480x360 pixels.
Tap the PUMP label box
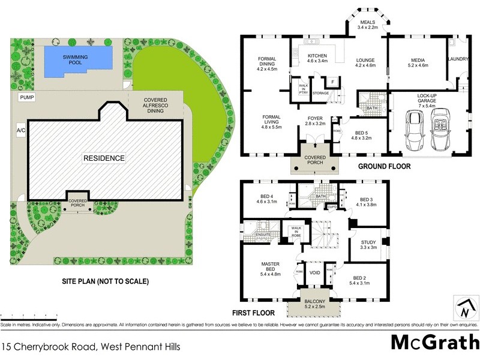coord(26,97)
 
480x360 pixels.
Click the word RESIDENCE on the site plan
coord(104,158)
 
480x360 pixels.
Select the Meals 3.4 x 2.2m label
coord(367,25)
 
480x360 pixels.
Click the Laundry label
coord(458,59)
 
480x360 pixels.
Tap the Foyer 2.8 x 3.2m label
coord(316,121)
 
